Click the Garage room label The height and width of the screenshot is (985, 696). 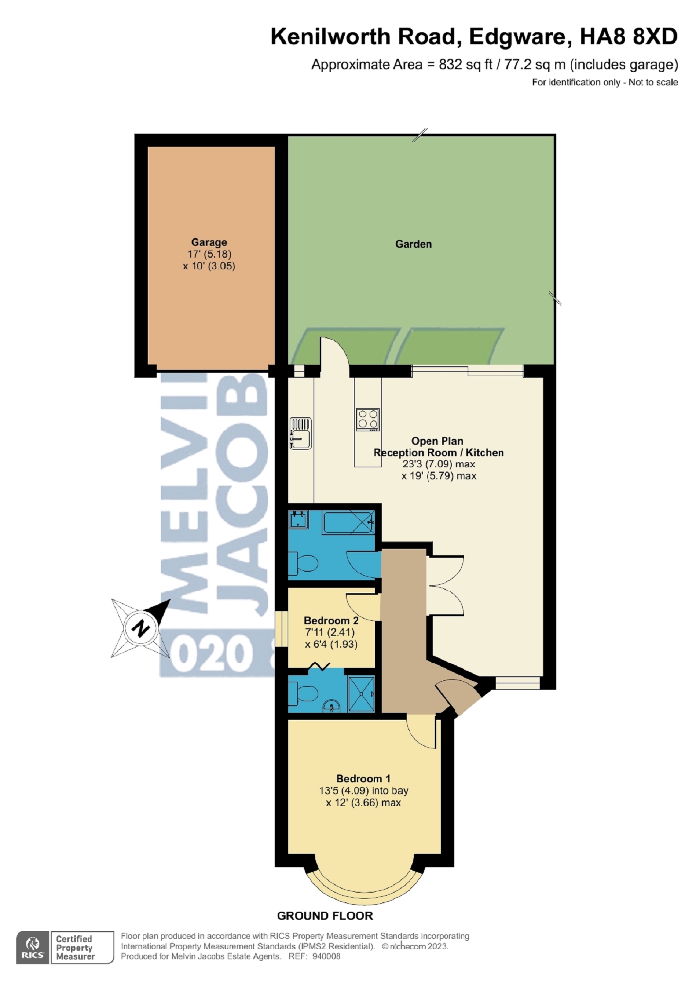click(x=209, y=242)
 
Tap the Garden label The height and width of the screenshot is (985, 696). click(x=413, y=244)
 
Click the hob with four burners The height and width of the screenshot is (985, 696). click(x=367, y=419)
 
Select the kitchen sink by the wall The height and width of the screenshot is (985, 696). click(x=300, y=433)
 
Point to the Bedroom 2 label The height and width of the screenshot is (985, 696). click(x=331, y=620)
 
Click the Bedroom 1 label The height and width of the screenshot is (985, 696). click(x=363, y=778)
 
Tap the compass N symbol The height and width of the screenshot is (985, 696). click(x=140, y=628)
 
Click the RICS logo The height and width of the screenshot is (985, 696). click(x=33, y=947)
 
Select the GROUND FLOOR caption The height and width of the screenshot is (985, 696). click(x=324, y=915)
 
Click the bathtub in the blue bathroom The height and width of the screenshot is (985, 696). click(x=348, y=522)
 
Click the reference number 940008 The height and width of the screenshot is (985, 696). click(x=326, y=956)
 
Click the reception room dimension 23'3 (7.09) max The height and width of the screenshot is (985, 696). click(x=438, y=464)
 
